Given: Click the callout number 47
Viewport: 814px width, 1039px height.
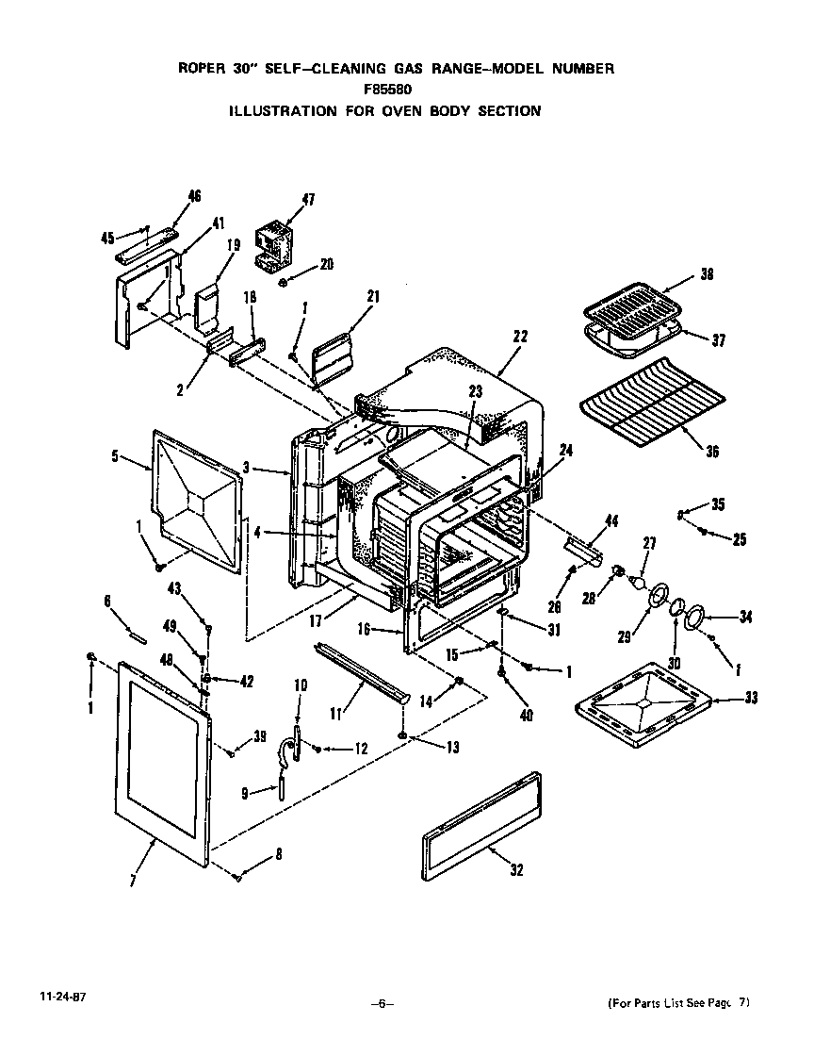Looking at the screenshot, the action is [308, 199].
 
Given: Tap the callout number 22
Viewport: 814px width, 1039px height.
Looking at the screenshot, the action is [520, 336].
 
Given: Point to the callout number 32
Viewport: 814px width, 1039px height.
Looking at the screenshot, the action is [516, 870].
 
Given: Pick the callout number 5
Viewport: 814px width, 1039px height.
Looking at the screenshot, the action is [114, 455].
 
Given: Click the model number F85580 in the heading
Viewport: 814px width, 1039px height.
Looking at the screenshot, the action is [387, 90].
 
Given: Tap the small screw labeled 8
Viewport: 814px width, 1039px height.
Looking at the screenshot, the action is [238, 877].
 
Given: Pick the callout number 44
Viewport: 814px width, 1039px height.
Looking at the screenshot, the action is [611, 520].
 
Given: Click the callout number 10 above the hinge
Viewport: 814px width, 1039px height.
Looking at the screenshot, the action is [301, 711].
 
